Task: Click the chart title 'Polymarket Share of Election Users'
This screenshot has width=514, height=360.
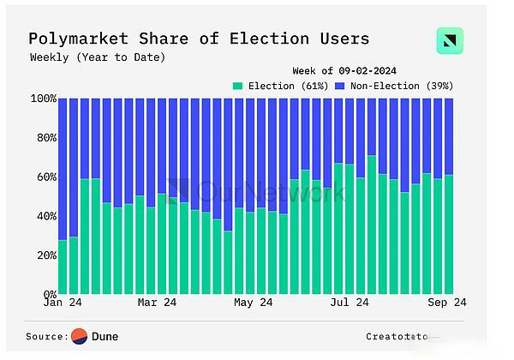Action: pos(199,39)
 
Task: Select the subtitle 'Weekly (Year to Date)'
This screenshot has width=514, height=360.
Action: pos(98,57)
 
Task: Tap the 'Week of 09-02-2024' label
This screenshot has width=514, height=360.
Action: pos(344,70)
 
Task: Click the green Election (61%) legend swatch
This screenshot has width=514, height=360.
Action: pos(237,86)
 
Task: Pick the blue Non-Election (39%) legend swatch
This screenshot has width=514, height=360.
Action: pos(339,86)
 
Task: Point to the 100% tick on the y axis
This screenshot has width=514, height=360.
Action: pos(42,99)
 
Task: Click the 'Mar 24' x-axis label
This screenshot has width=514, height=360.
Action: pos(157,303)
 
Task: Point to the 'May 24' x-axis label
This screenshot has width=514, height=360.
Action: pos(253,303)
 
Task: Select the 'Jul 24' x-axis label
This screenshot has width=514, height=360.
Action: pos(350,303)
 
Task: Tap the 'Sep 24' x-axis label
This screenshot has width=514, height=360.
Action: pos(446,303)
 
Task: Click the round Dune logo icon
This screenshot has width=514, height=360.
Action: pos(80,336)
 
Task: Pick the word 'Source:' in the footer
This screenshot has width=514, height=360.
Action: pos(47,337)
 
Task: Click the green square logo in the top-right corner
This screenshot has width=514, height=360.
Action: pos(450,41)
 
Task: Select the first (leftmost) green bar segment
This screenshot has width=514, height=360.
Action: pos(63,267)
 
